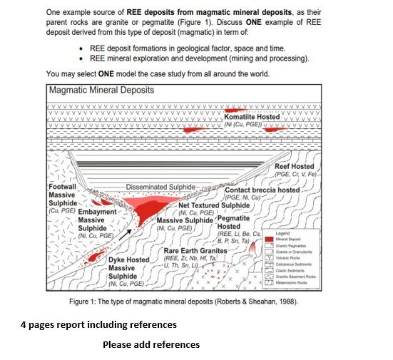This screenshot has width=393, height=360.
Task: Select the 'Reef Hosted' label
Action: coord(295,166)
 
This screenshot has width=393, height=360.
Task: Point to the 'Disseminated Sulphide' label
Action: coord(160,186)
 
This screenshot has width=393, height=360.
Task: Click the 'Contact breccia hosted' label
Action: coord(262,190)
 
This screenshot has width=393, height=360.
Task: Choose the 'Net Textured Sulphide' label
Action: coord(214,205)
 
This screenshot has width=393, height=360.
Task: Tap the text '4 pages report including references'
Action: coord(98,325)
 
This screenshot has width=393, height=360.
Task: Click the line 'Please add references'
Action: coord(150,345)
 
